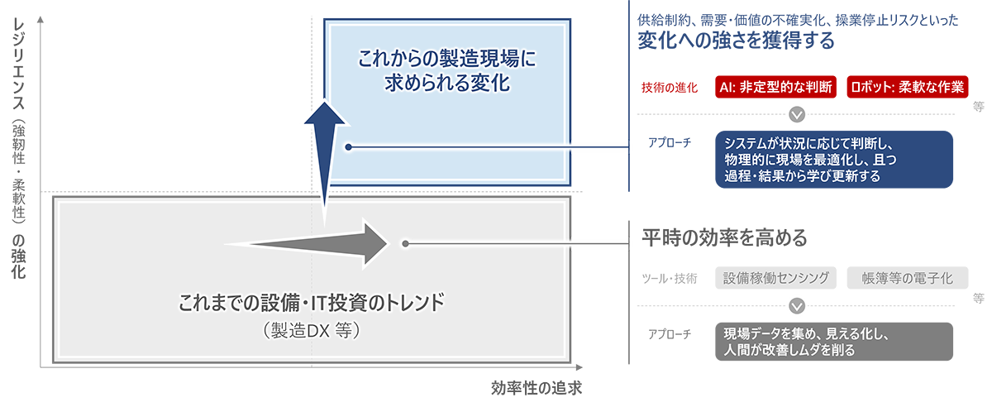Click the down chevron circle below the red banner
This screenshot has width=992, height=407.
[x=796, y=115]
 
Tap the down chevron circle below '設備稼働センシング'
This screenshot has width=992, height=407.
[x=796, y=305]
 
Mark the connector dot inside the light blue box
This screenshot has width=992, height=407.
[x=350, y=147]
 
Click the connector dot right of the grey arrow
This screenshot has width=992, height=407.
[x=404, y=243]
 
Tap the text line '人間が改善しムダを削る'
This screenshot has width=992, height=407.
[x=789, y=350]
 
